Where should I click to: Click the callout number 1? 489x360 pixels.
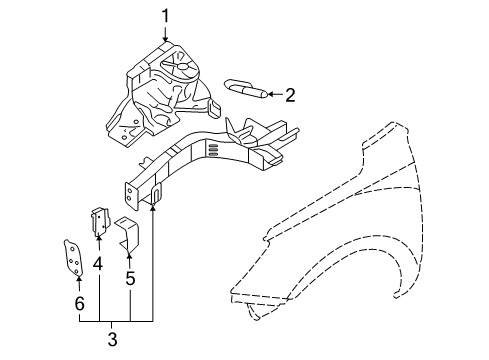click(x=167, y=16)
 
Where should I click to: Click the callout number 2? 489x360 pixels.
click(x=290, y=96)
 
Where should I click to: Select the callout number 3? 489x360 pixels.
click(x=112, y=340)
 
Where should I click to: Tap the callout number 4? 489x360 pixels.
click(x=98, y=264)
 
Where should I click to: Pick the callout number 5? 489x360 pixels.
click(x=130, y=279)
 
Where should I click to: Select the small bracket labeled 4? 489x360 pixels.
click(x=101, y=223)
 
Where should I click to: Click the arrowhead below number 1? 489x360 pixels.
click(x=166, y=40)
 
